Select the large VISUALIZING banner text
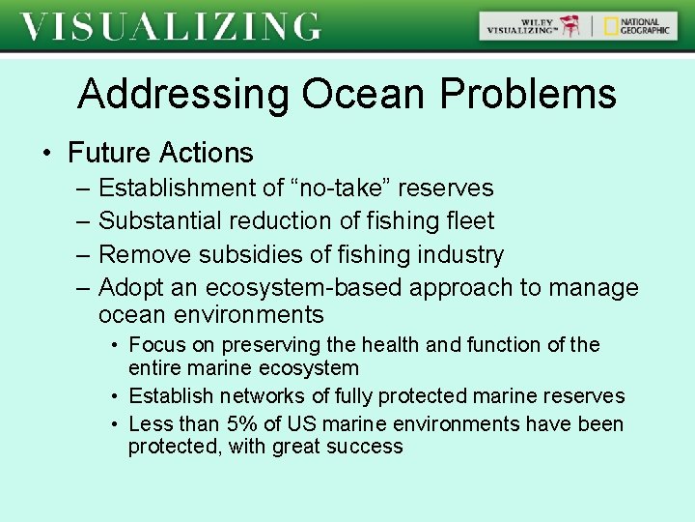(x=170, y=26)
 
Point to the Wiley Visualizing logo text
(x=522, y=26)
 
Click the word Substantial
(x=161, y=220)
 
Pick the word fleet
(x=470, y=220)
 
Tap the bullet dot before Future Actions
(x=46, y=154)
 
